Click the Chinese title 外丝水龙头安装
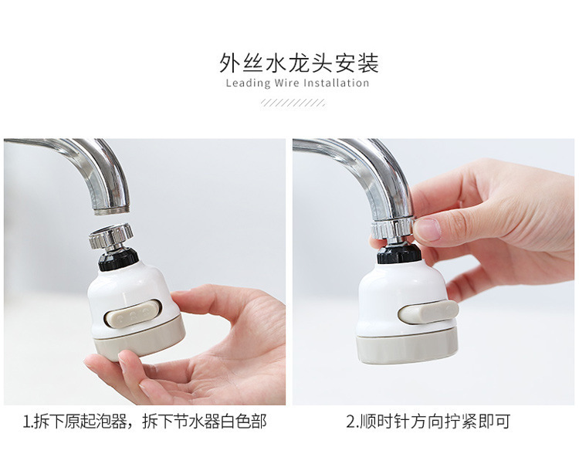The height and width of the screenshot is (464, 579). point(299,63)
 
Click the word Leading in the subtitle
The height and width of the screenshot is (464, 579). point(248,83)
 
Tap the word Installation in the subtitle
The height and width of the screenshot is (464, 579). point(336,83)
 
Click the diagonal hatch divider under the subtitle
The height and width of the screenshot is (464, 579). point(293,103)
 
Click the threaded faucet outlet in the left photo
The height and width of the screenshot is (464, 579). point(111,209)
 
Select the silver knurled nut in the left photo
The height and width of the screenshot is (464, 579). point(110,235)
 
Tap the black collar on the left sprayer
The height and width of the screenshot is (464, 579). point(119,259)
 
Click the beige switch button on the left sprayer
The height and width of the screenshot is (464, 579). point(133,313)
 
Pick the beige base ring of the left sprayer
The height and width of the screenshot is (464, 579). point(139,340)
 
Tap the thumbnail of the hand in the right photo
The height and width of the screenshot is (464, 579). point(428,229)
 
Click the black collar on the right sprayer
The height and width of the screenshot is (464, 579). point(399,253)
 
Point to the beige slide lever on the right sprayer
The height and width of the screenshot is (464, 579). point(428,312)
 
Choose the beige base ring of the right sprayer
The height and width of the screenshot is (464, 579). point(407,348)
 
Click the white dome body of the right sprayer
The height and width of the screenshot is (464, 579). point(402,296)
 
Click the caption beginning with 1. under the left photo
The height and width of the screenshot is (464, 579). point(144,422)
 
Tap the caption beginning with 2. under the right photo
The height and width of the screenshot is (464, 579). point(428,422)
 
